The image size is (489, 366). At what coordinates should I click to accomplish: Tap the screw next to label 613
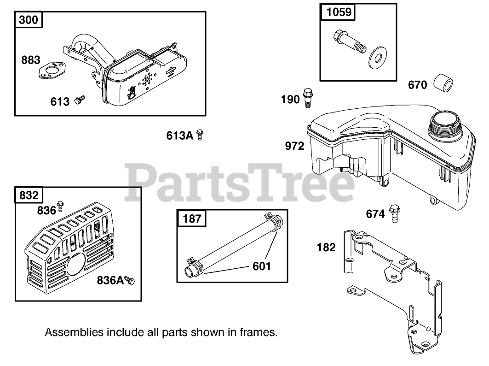(x=80, y=99)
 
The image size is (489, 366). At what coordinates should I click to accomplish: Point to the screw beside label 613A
(x=200, y=135)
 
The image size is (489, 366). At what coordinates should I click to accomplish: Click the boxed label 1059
(x=339, y=12)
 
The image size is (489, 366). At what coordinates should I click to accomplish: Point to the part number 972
(x=295, y=146)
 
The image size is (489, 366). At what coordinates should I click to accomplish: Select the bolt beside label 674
(x=394, y=213)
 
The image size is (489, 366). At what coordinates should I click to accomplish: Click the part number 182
(x=327, y=248)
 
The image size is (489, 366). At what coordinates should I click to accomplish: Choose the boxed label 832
(x=29, y=195)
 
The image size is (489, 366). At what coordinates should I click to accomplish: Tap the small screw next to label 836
(x=60, y=207)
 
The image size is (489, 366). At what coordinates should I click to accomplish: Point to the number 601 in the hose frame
(x=262, y=266)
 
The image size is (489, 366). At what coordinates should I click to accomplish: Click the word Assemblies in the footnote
(x=74, y=332)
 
